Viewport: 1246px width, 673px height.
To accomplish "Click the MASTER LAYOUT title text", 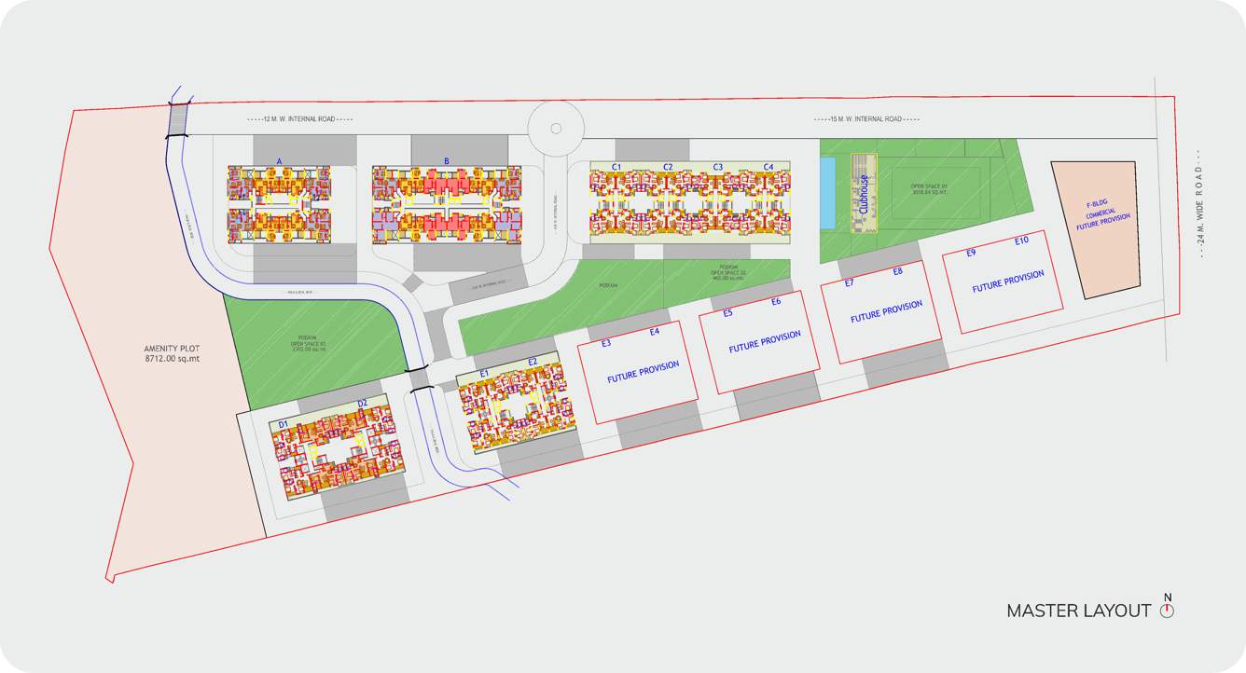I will coord(1078,611).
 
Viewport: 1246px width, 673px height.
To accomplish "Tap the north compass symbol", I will coord(1167,610).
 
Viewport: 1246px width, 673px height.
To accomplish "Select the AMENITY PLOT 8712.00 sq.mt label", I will coord(173,353).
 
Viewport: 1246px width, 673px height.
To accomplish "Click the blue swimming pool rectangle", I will coord(827,192).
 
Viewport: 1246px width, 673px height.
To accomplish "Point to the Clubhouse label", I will coord(865,195).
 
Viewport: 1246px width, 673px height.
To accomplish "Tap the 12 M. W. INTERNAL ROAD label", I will coord(300,119).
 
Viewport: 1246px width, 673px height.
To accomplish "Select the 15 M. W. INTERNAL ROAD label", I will coord(866,119).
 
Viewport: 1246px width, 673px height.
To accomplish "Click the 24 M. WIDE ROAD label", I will coord(1201,204).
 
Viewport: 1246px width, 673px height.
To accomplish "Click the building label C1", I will coord(616,167).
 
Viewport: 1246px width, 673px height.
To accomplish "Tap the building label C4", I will coord(768,167).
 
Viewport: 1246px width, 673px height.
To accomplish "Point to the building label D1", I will coord(284,425).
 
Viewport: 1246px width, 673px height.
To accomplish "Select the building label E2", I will coord(533,362).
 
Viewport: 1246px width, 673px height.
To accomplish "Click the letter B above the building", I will coord(447,161).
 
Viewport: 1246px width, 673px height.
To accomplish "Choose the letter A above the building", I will coord(279,161).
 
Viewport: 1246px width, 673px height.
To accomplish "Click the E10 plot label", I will coord(1021,241).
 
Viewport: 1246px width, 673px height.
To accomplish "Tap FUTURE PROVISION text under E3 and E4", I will coord(643,372).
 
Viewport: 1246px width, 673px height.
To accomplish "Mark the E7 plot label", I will coord(849,283).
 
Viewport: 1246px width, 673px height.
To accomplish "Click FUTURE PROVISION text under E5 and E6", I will coord(764,340).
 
